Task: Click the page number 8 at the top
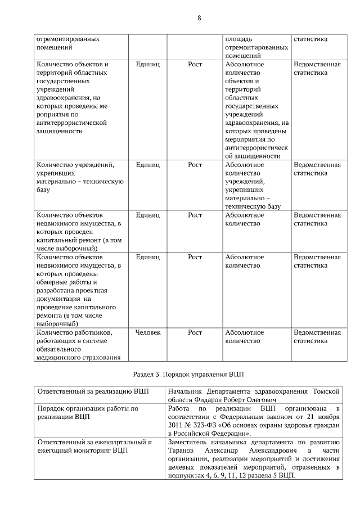(199, 17)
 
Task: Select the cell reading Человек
(148, 332)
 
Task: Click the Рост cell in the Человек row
(195, 332)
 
